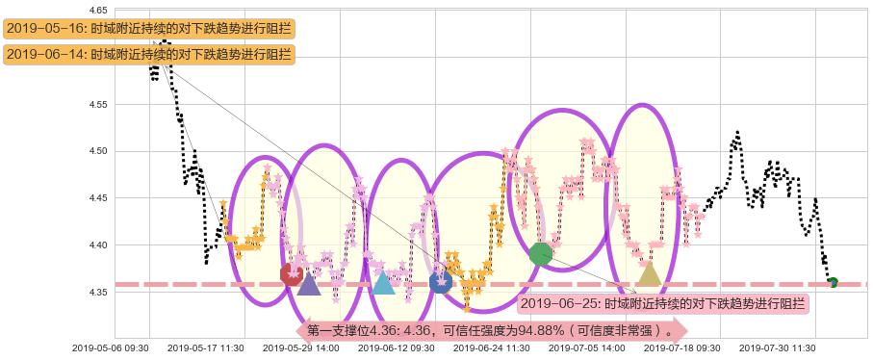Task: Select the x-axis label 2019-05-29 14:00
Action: tap(300, 348)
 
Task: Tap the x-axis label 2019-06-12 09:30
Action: tap(396, 348)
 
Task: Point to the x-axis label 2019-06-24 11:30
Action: tap(491, 348)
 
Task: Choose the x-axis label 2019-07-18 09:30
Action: tap(681, 348)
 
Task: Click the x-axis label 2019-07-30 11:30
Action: tap(777, 348)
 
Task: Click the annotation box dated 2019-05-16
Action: tap(148, 29)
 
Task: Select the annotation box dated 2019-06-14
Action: tap(148, 55)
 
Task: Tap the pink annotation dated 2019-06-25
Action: tap(662, 304)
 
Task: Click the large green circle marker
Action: tap(541, 254)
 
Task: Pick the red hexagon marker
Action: tap(291, 274)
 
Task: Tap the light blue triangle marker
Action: tap(383, 282)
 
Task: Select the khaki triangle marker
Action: tap(650, 275)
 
